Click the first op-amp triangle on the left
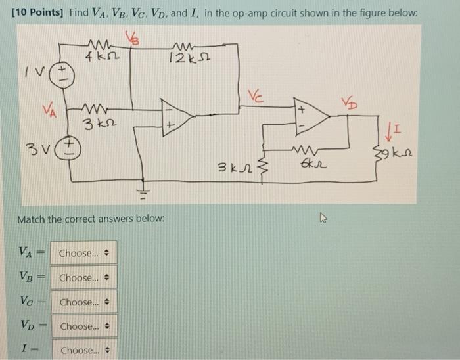click(x=176, y=118)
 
